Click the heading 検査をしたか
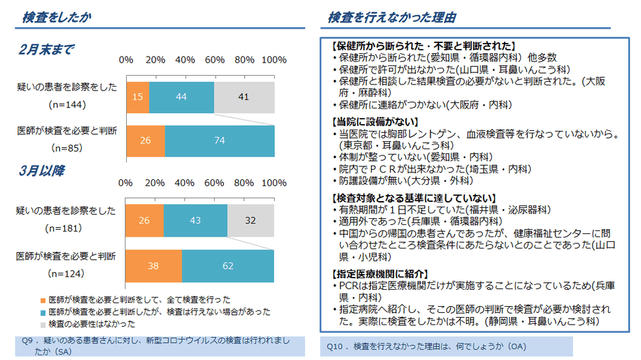click(56, 17)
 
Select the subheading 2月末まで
click(46, 50)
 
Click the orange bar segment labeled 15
click(137, 97)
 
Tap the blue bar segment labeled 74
click(219, 140)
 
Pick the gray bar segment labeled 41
click(243, 97)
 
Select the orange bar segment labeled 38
click(153, 266)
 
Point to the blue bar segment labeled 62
click(228, 266)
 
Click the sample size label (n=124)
click(67, 273)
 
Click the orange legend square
click(42, 299)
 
